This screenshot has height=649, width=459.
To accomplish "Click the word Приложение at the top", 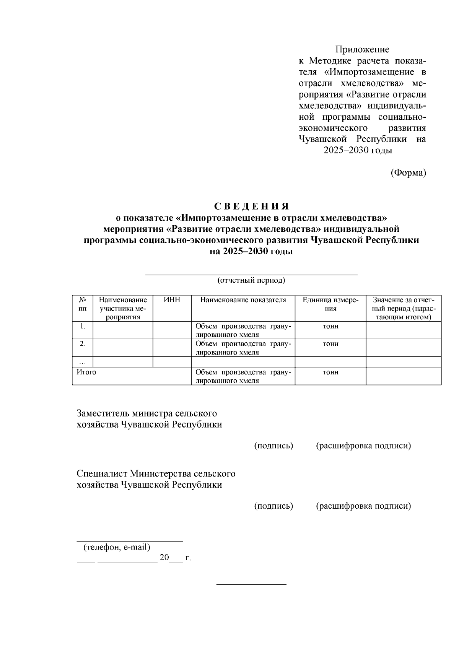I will coord(362,49).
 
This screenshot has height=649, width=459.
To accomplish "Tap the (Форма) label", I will coord(408,173).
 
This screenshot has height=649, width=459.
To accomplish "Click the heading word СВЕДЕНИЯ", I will coord(251,206).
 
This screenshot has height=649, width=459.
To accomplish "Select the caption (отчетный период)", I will coord(251,280).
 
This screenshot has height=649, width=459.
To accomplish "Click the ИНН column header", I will coord(172,300).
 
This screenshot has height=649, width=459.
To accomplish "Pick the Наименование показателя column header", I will coord(243,300).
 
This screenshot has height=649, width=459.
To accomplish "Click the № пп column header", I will coord(83,304).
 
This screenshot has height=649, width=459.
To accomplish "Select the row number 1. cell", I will coord(83,326).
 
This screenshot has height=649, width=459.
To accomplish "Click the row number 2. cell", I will coord(83,344).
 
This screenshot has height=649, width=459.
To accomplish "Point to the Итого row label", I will coord(86,372).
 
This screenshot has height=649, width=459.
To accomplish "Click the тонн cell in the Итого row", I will coord(330,372).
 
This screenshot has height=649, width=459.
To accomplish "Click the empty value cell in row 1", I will coord(403,330).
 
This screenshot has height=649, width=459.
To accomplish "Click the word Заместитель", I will coord(103,413).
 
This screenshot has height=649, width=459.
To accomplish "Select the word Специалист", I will coord(102,474).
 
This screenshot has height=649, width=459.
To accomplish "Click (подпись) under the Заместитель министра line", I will coord(274,446).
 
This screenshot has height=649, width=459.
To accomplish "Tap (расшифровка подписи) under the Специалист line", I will coord(363,506).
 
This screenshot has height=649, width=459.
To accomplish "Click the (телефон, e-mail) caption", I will coord(117,547).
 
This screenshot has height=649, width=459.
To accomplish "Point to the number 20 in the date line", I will coord(164,558).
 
